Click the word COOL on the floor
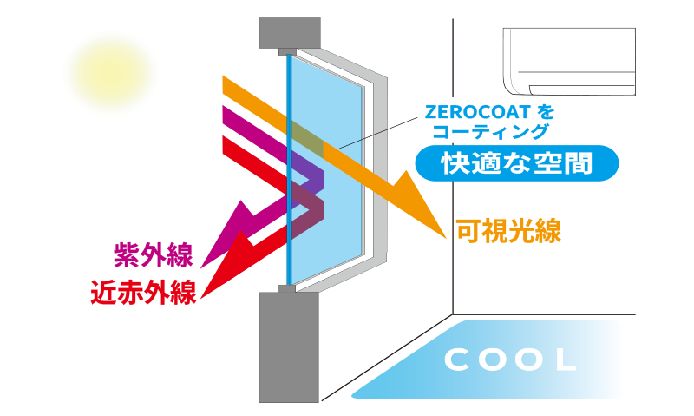[511, 359]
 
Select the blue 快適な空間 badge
[516, 162]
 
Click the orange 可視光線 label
[509, 231]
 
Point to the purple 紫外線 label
[154, 254]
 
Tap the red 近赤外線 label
[143, 291]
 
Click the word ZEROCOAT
[475, 113]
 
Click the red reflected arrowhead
[227, 269]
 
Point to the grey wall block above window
[290, 33]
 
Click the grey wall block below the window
[290, 347]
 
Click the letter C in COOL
[457, 359]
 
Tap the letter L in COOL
[565, 359]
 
